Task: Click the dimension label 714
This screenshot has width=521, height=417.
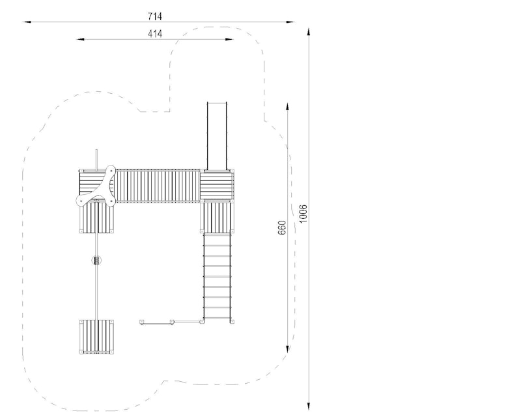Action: pyautogui.click(x=155, y=16)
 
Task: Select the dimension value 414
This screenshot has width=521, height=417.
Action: pyautogui.click(x=155, y=34)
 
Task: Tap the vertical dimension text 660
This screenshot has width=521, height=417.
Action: pyautogui.click(x=281, y=227)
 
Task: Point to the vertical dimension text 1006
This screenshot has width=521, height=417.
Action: pyautogui.click(x=303, y=214)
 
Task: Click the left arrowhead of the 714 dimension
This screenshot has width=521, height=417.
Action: pyautogui.click(x=27, y=22)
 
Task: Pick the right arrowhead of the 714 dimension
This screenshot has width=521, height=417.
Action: pyautogui.click(x=290, y=22)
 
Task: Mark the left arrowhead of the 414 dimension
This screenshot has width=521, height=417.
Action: pyautogui.click(x=80, y=39)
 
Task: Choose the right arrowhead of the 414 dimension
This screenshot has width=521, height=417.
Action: pyautogui.click(x=229, y=39)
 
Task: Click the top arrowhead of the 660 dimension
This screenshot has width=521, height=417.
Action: pyautogui.click(x=287, y=107)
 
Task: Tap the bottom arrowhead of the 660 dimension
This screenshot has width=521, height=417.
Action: pyautogui.click(x=287, y=349)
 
